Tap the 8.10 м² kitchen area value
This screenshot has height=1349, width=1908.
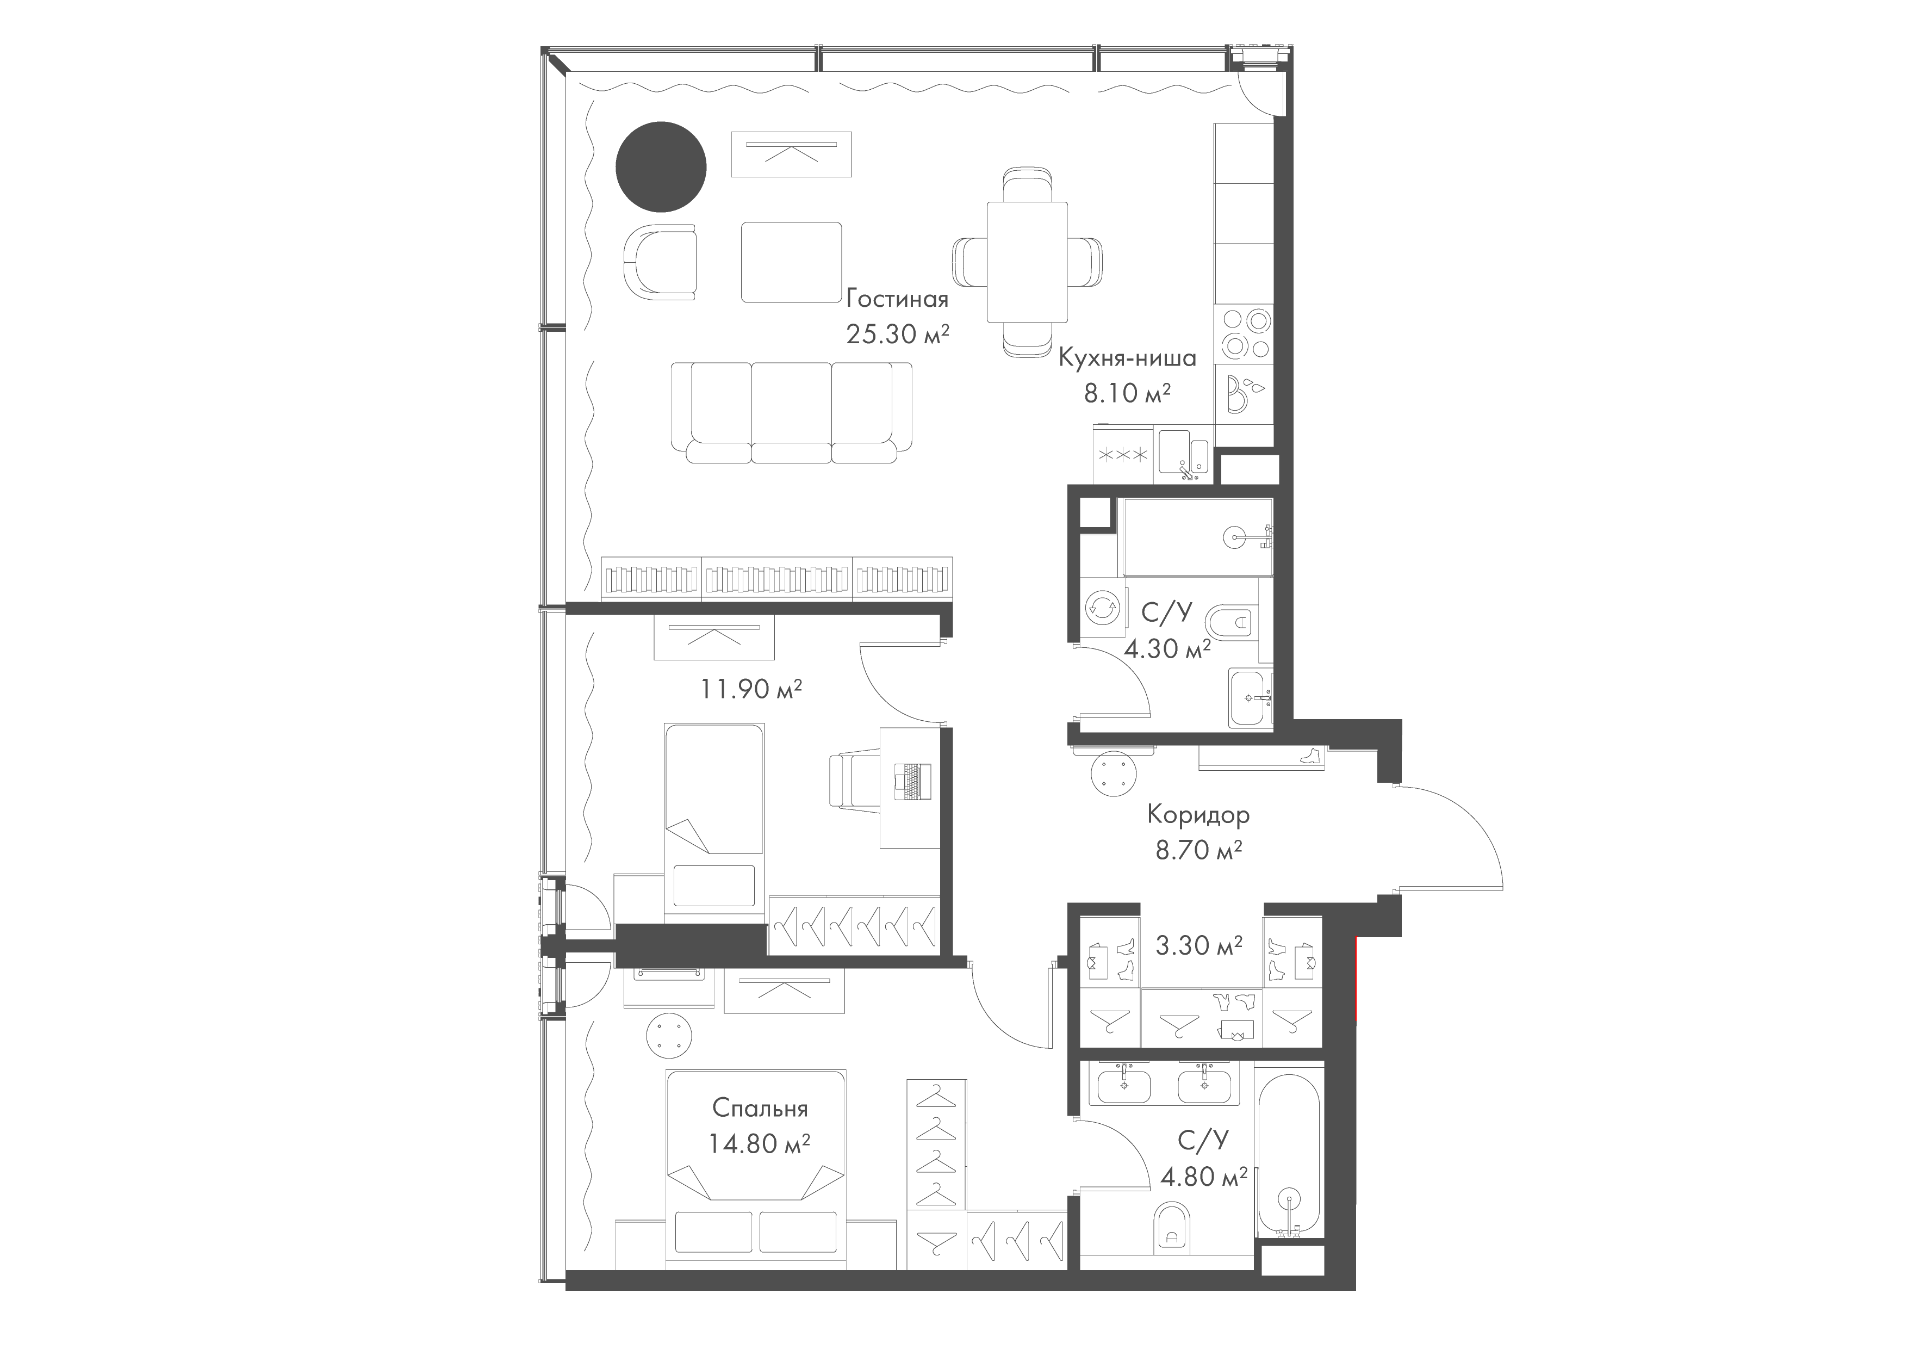(x=1127, y=392)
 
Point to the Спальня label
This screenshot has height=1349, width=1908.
(x=760, y=1109)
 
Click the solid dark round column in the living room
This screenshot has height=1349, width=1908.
(x=661, y=167)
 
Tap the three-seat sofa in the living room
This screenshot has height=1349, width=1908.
(x=792, y=412)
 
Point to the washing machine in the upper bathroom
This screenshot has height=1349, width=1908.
(x=1102, y=608)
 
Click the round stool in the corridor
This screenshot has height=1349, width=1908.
(x=1113, y=773)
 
